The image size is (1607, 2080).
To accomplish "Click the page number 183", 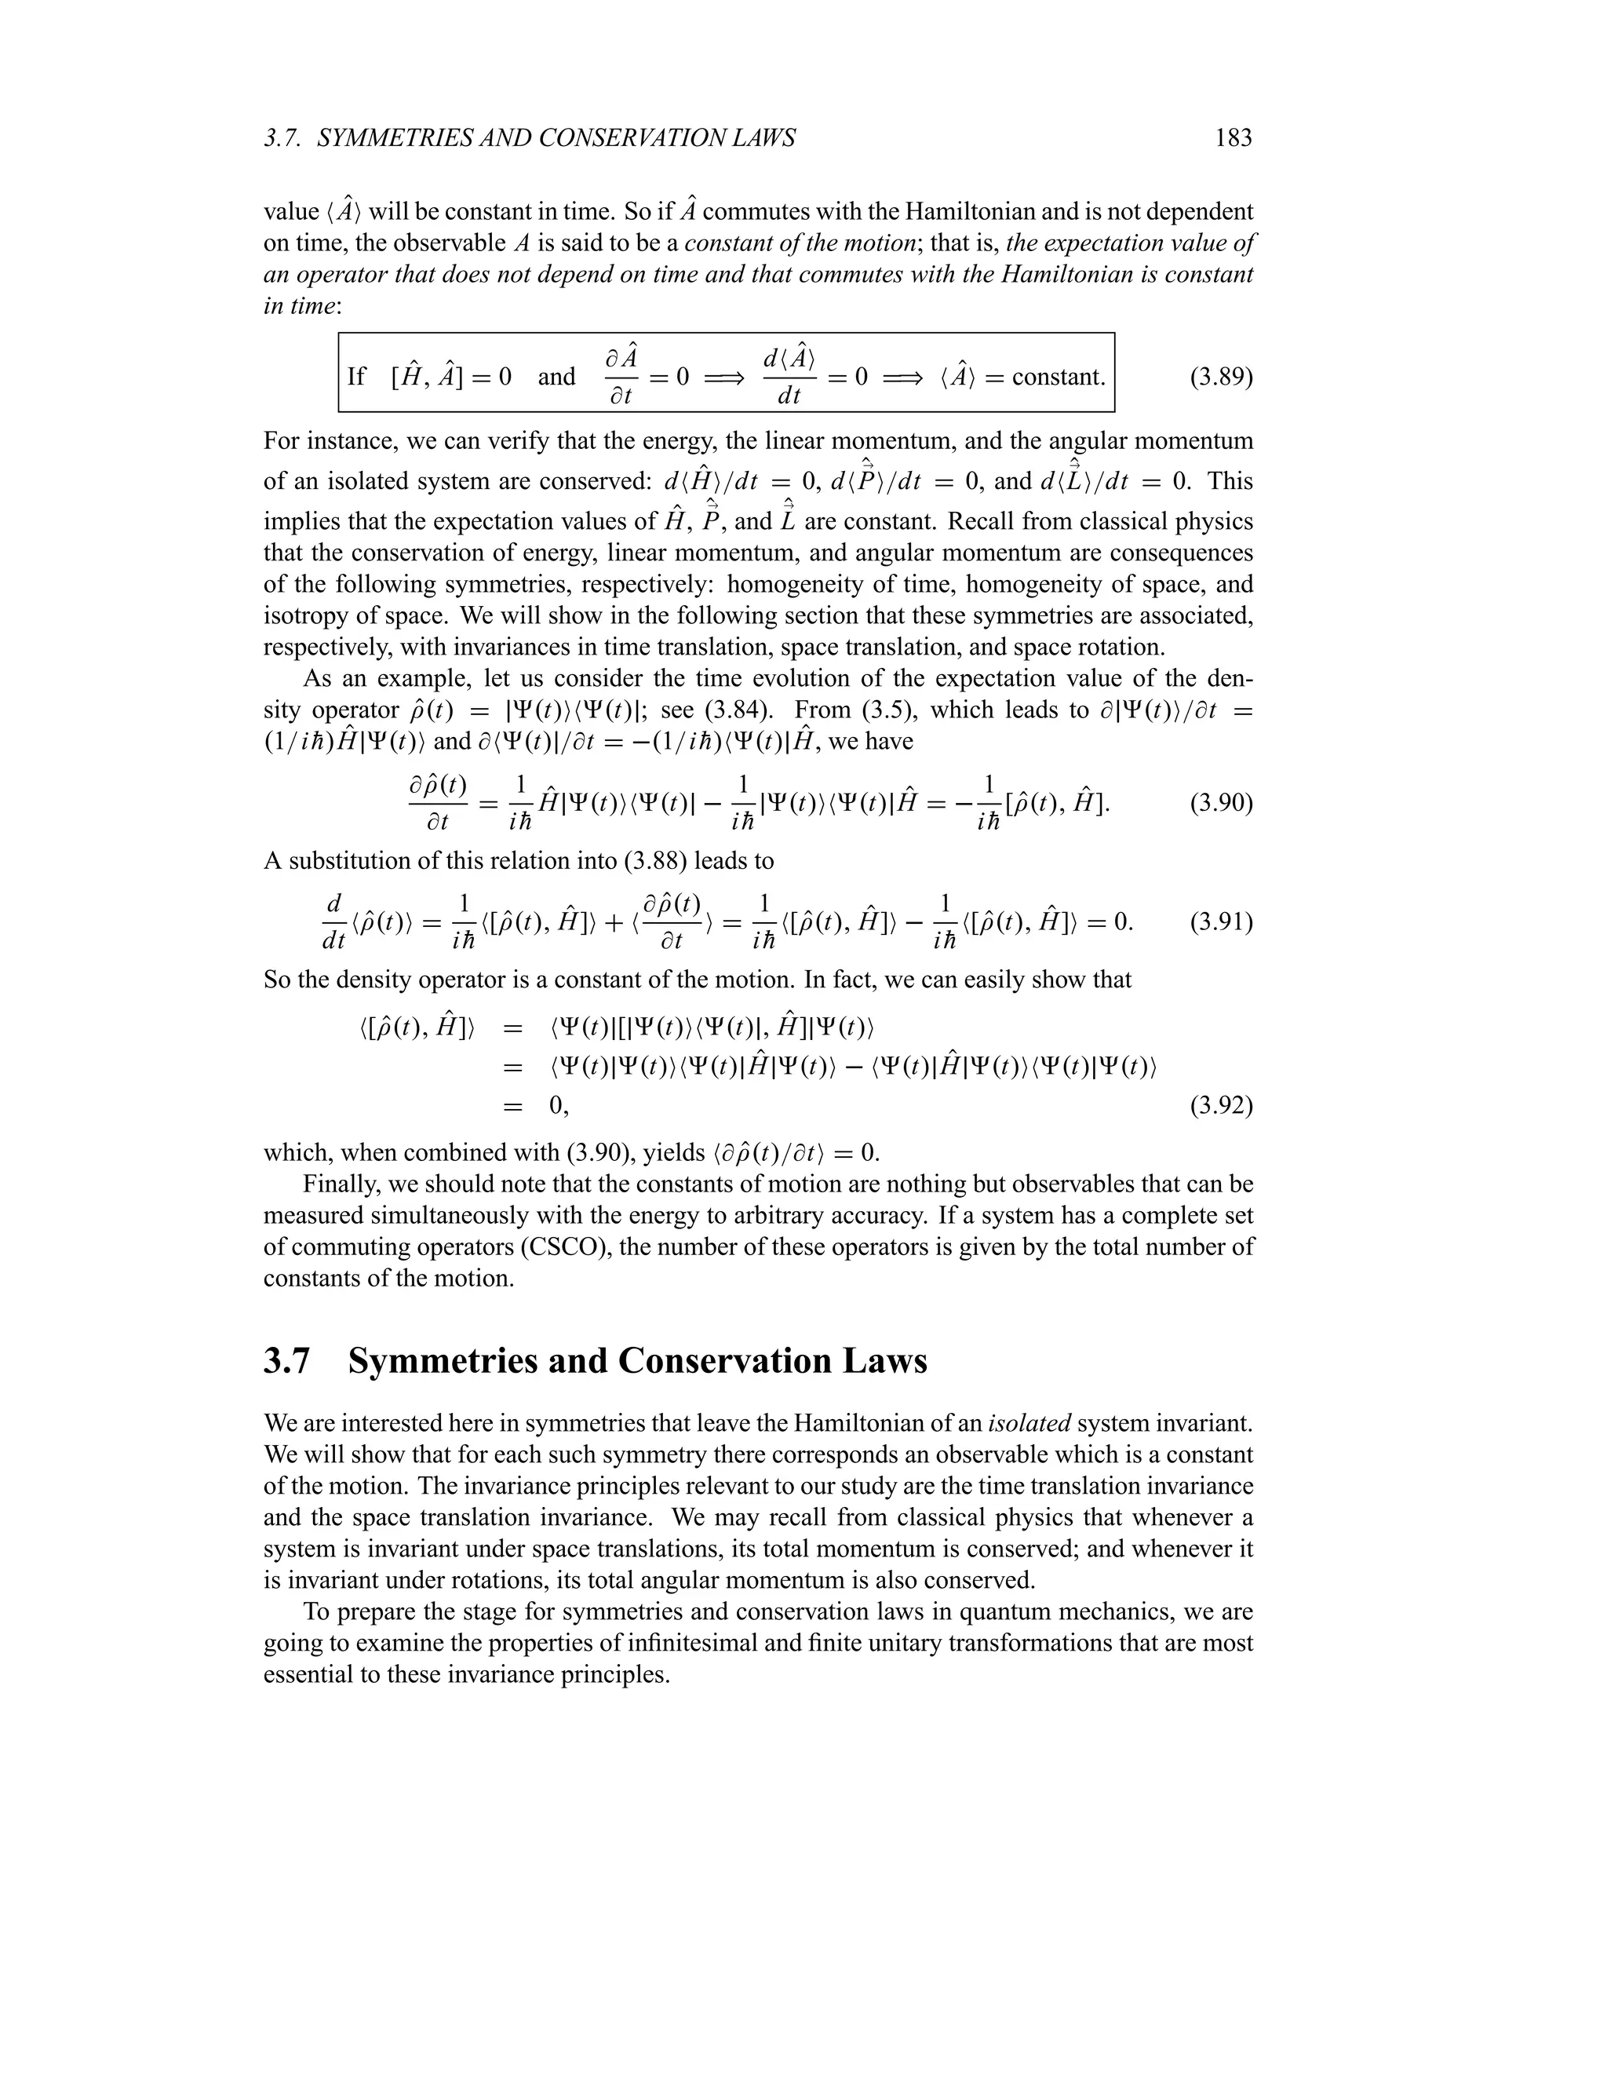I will coord(1233,139).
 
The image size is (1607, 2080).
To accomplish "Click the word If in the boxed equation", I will coord(356,377).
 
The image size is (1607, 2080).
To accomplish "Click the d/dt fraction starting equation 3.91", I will coord(333,922).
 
